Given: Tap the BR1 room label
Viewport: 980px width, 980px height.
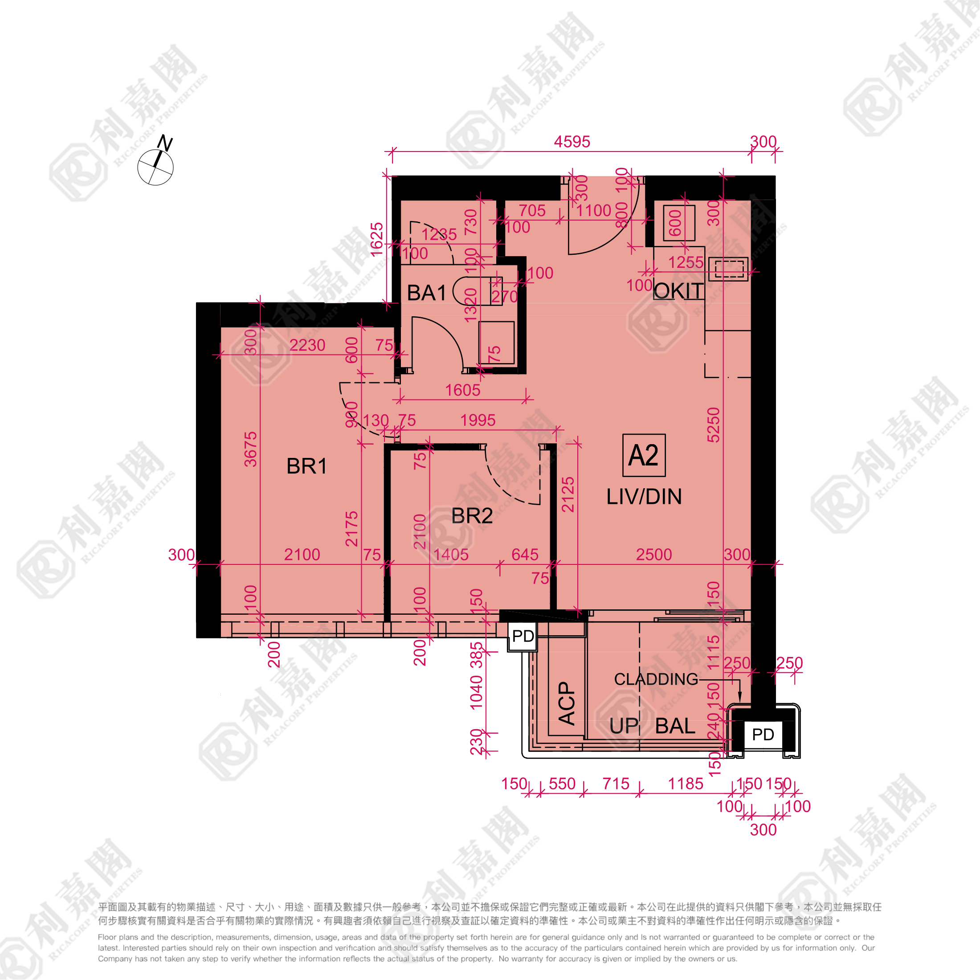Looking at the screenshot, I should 306,466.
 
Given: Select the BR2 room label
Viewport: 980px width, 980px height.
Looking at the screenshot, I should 472,516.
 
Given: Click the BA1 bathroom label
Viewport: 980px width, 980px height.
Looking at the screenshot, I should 427,293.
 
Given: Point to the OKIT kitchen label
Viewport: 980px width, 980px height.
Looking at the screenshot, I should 678,291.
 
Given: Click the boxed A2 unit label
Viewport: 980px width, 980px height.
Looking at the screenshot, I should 644,455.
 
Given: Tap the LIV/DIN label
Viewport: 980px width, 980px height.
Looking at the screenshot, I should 644,497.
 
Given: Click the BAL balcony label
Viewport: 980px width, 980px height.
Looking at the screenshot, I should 675,727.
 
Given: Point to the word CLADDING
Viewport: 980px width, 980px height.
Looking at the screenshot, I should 656,679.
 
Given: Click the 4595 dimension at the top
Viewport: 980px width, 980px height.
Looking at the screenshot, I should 572,142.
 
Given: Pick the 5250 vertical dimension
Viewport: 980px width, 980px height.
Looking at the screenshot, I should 713,425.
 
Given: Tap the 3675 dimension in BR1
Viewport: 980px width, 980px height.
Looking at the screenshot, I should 251,449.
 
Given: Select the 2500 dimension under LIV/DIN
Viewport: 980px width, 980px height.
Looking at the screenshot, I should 654,555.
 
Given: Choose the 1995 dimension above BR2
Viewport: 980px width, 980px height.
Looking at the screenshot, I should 478,420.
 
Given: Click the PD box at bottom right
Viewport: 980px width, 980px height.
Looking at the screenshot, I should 763,734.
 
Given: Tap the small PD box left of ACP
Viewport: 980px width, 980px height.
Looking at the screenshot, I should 523,636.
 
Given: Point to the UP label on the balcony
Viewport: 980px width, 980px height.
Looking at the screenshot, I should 623,727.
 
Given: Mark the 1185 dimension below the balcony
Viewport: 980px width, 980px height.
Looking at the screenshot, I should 685,784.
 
